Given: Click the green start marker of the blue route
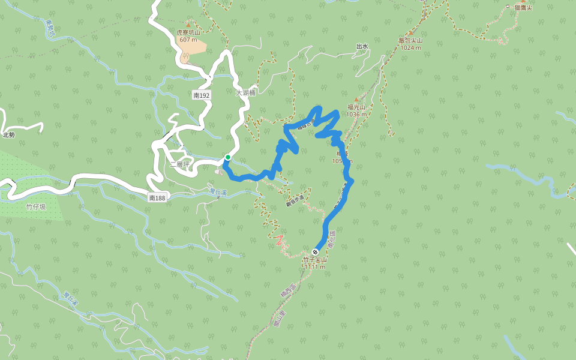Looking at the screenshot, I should click(228, 157).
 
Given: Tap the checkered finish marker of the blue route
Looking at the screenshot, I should click(316, 252).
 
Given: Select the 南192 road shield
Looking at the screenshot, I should click(202, 95).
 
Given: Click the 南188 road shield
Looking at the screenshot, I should click(157, 197).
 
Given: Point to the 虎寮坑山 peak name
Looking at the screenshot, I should click(188, 33).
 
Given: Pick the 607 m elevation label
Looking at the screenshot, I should click(188, 40).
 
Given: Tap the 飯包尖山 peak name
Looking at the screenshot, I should click(411, 41).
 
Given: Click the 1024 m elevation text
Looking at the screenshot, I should click(411, 47).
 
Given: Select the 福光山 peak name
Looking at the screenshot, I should click(356, 107).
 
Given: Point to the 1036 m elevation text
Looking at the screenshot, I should click(356, 114).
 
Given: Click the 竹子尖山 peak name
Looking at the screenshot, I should click(315, 260).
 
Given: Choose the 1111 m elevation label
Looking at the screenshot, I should click(315, 267).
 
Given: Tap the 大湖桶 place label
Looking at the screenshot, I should click(246, 93).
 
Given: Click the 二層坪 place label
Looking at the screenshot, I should click(179, 164).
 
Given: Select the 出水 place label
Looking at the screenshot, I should click(362, 46).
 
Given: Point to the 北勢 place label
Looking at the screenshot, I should click(8, 135).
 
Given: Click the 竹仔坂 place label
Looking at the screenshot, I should click(36, 206).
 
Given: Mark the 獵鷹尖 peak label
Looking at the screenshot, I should click(523, 7).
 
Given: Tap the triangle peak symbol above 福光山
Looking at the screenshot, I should click(356, 100).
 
